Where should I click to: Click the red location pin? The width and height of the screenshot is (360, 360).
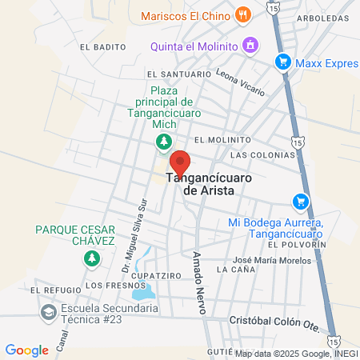179,162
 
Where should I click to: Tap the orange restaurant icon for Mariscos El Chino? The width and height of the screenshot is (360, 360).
243,15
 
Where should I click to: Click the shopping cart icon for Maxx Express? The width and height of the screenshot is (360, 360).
282,61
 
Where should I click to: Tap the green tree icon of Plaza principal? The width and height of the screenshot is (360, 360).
162,142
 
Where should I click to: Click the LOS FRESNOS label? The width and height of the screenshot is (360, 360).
106,285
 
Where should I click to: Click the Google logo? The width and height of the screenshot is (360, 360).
27,350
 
